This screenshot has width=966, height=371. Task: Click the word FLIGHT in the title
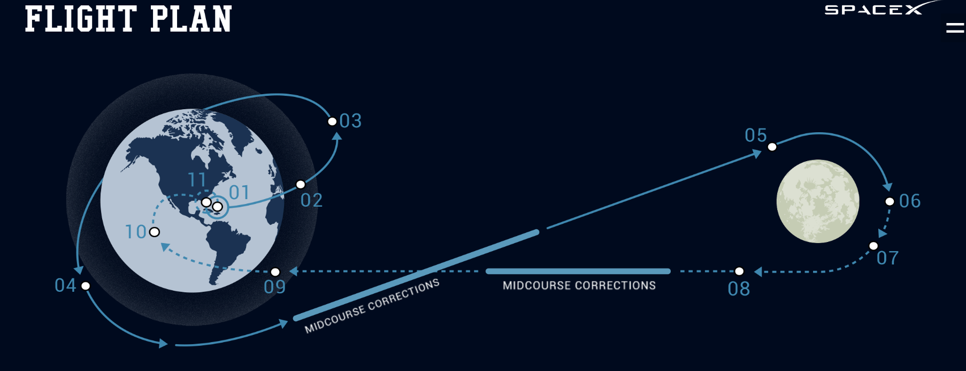81,19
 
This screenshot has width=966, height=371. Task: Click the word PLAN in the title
191,19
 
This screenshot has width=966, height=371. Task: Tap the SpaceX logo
883,9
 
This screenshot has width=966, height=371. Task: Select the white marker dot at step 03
332,122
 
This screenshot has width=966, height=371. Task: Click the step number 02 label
312,200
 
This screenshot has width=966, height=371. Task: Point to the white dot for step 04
86,286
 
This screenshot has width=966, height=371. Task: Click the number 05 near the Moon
756,135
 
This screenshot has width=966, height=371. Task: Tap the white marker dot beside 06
890,202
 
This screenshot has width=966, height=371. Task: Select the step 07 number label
887,258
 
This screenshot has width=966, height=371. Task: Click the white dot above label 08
739,271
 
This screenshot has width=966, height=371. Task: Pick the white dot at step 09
275,272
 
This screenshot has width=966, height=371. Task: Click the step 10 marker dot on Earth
155,232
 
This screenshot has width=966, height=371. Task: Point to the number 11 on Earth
197,179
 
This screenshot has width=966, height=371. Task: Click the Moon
818,201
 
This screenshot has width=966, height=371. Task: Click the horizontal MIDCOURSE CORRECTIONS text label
579,285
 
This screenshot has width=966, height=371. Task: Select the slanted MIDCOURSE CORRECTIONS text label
372,306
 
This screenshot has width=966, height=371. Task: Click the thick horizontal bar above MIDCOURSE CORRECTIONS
578,271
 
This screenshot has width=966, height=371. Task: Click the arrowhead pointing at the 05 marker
757,154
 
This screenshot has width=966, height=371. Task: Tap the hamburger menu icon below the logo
955,27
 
